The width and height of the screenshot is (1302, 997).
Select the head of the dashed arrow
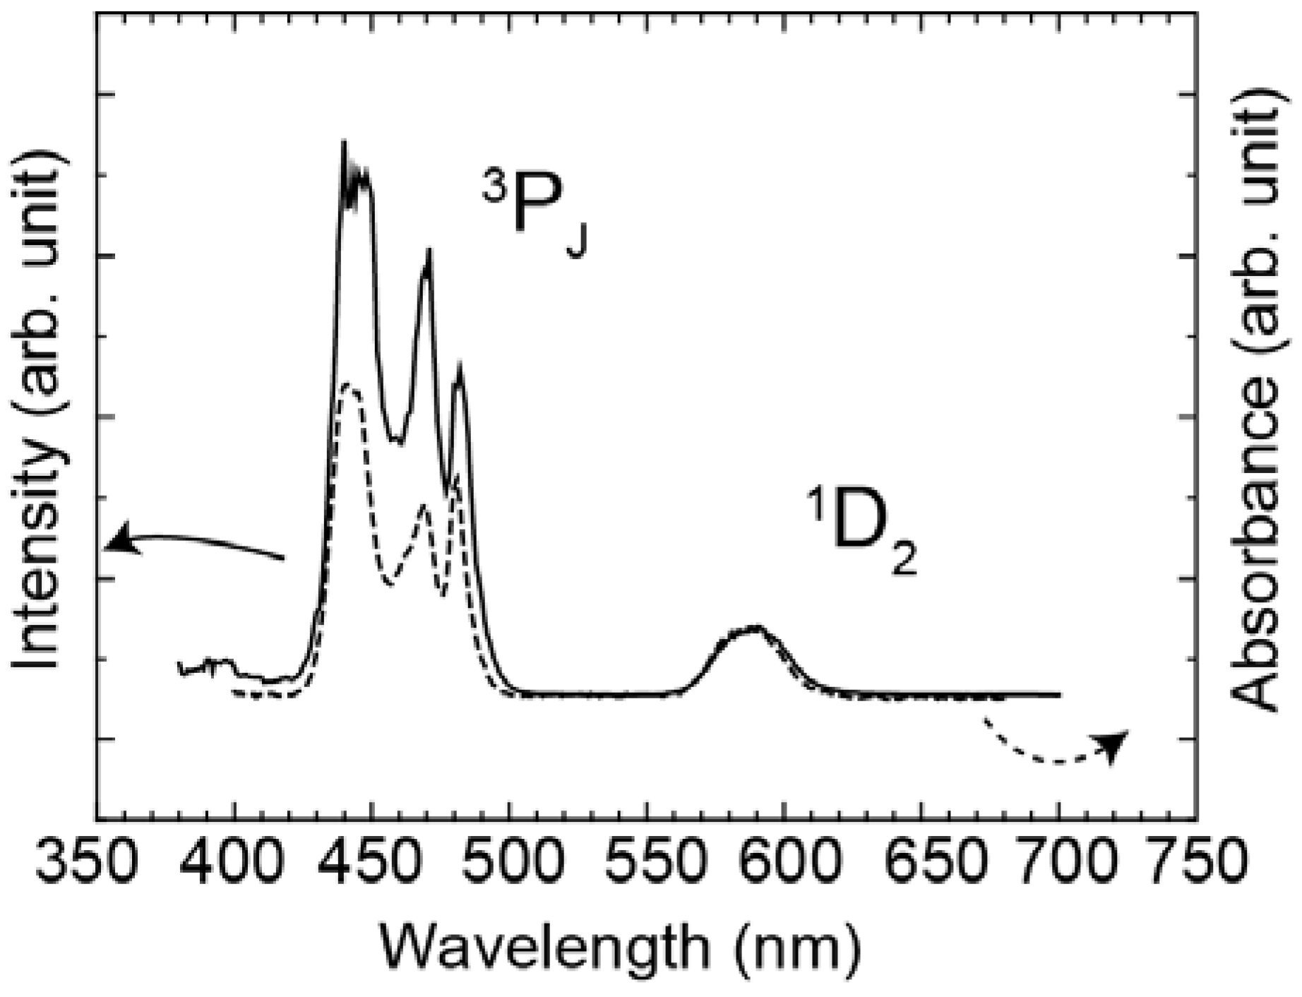click(1110, 745)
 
